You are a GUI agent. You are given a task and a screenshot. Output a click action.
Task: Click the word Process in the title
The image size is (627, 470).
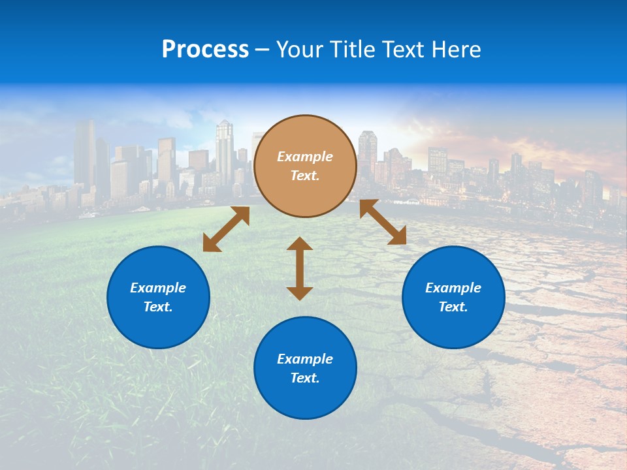click(x=205, y=50)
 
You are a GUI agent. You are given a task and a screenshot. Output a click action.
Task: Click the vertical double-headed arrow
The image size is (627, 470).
click(x=300, y=268)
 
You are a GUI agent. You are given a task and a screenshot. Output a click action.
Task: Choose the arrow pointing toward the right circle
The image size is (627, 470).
click(x=383, y=222)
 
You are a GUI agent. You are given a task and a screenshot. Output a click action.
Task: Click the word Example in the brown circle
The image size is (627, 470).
click(x=305, y=157)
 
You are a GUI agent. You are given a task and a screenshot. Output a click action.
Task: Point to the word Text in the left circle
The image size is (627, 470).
click(x=158, y=307)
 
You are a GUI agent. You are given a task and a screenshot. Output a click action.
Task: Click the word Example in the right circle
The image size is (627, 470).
click(x=453, y=288)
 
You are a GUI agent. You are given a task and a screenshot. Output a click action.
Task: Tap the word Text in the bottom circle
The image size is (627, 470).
click(x=305, y=378)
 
